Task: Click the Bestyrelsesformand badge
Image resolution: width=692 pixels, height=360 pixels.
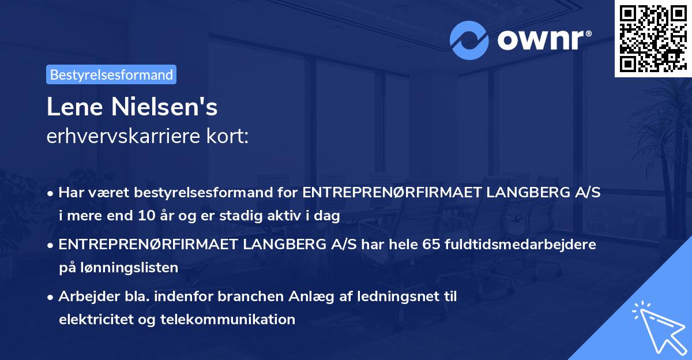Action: (x=111, y=74)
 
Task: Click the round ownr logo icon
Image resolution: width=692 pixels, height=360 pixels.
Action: (x=469, y=40)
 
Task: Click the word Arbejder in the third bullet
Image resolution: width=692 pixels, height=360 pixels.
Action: (x=85, y=297)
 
